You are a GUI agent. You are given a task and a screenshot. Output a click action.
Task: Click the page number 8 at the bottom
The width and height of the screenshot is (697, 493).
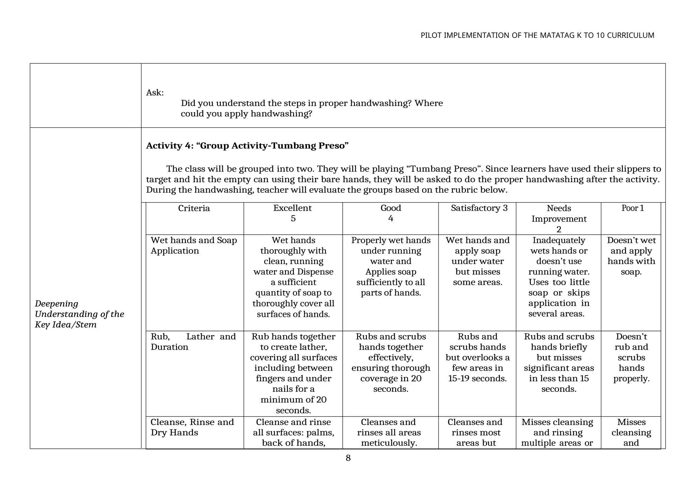click(x=348, y=458)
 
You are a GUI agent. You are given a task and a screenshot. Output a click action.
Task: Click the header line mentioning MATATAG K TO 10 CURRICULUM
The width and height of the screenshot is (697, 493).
click(x=537, y=35)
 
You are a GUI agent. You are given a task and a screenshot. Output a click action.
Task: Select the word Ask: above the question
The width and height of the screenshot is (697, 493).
click(x=155, y=93)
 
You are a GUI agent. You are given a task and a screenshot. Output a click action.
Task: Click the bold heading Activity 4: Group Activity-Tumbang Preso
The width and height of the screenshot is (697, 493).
click(x=247, y=146)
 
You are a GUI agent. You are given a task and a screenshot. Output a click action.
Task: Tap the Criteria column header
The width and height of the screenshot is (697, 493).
click(x=194, y=208)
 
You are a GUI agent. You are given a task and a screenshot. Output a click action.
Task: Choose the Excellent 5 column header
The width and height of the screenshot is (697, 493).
click(x=293, y=213)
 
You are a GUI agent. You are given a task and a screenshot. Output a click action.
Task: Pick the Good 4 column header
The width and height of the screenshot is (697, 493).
click(x=390, y=213)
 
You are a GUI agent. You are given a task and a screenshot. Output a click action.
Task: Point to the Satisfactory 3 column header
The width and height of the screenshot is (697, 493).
click(x=479, y=208)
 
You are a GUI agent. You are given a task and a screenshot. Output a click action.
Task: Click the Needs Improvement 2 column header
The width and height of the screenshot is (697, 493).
click(x=559, y=219)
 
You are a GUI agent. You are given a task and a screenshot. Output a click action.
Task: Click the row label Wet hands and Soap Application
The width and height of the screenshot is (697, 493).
click(x=194, y=245)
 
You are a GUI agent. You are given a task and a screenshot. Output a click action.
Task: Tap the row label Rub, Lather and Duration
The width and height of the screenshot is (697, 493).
click(x=193, y=342)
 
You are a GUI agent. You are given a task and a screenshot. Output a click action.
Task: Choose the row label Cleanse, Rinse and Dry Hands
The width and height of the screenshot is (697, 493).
click(x=192, y=427)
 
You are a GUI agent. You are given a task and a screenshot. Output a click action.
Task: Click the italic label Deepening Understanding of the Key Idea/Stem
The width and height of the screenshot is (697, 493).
click(x=79, y=314)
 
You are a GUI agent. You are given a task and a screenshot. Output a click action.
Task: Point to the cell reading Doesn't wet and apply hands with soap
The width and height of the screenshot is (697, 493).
click(x=631, y=256)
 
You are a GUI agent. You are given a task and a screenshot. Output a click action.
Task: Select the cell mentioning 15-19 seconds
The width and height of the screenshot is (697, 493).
click(x=477, y=357)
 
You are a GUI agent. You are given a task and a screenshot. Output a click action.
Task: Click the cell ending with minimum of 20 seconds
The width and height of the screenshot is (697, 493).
click(x=293, y=373)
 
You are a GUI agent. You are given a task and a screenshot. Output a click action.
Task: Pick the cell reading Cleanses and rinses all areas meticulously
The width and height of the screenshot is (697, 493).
click(x=389, y=432)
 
